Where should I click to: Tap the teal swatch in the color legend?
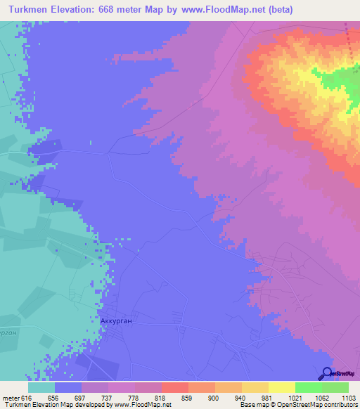coord(41,387)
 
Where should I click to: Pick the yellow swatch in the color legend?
coord(281,387)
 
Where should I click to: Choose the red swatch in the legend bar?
coord(174,387)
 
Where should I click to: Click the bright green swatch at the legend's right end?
coord(335,387)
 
